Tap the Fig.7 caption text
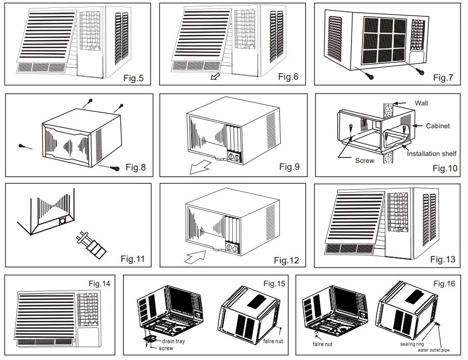(443, 77)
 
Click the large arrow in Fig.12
(195, 257)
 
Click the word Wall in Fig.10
(421, 103)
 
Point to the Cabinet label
(438, 126)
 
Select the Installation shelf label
(431, 154)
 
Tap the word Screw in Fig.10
(364, 160)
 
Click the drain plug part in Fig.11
(91, 245)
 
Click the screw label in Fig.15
(165, 348)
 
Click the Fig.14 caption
(99, 284)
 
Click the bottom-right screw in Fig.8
(115, 168)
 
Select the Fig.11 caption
(133, 258)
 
